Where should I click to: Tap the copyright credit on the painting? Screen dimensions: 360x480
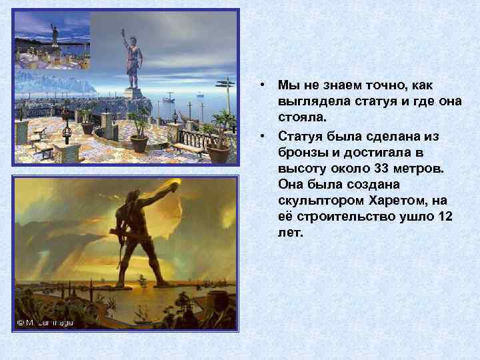(x=45, y=322)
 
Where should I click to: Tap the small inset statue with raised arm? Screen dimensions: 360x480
(x=53, y=33)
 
